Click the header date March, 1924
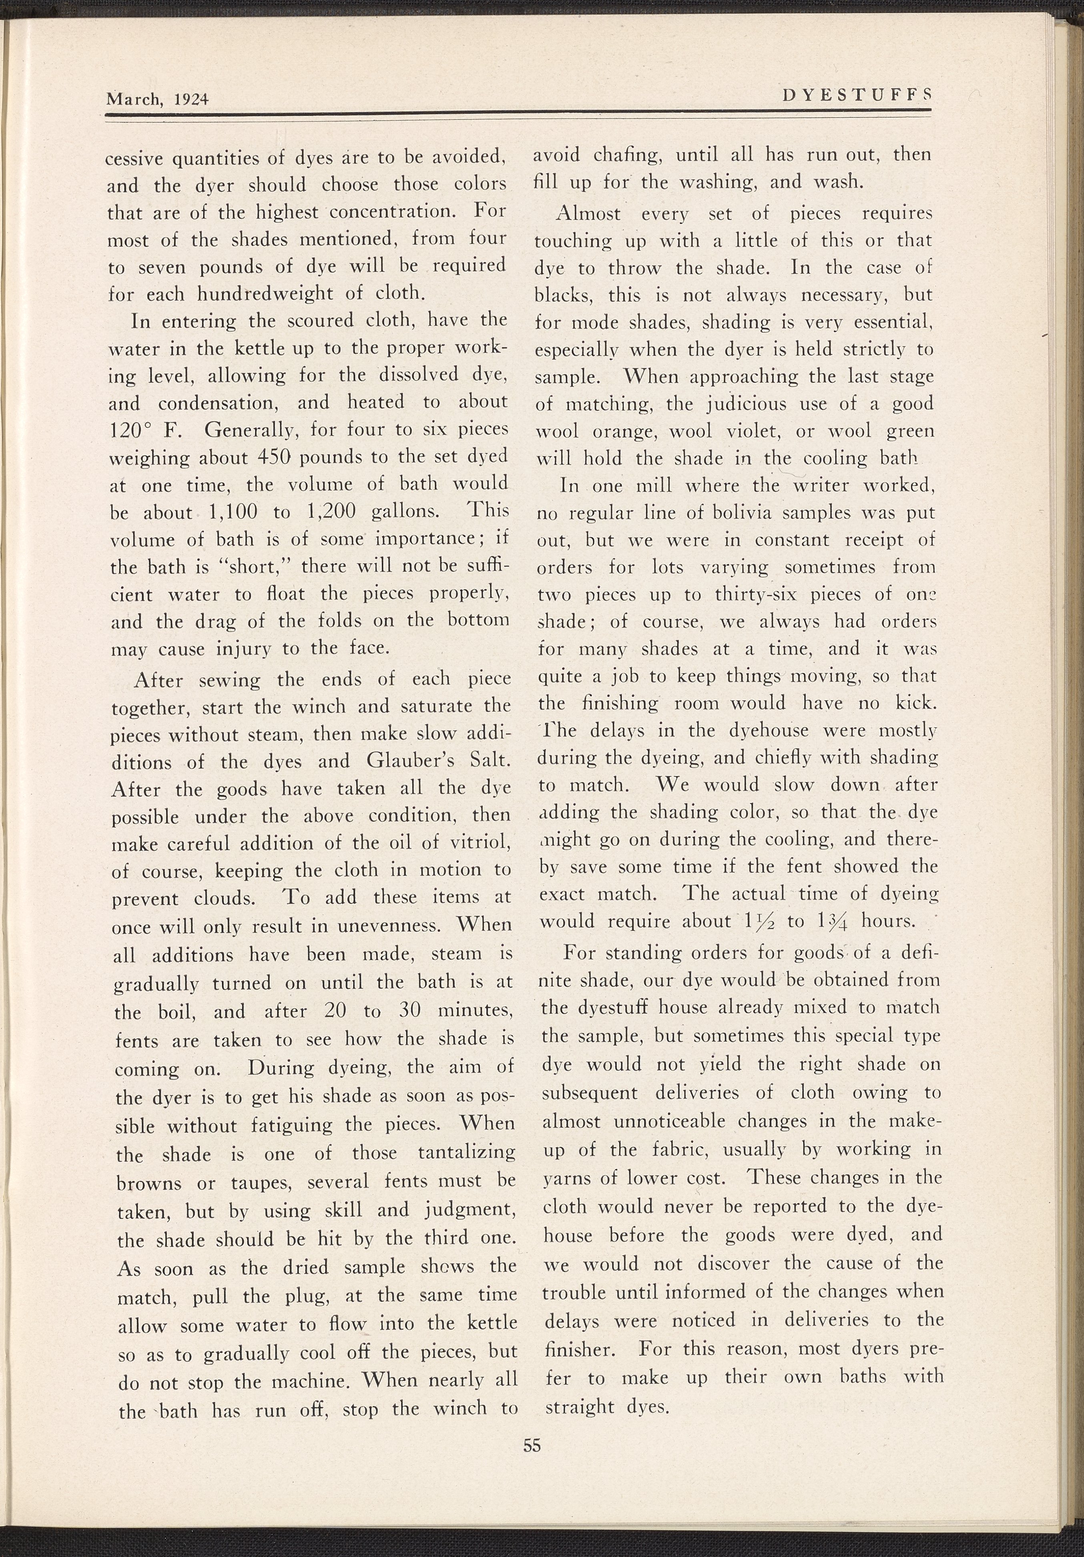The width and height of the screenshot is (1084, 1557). [x=157, y=99]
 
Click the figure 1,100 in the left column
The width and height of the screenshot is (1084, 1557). [x=231, y=513]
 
